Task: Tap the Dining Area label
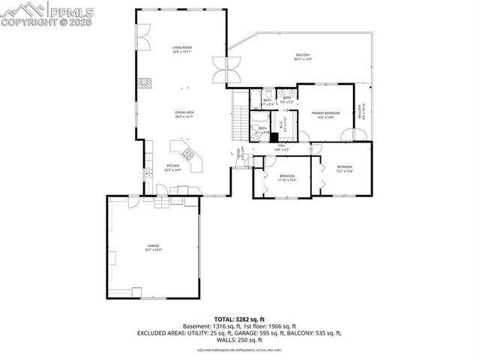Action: click(184, 114)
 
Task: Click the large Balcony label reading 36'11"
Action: click(302, 57)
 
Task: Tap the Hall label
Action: click(282, 147)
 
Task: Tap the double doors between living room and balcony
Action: click(220, 70)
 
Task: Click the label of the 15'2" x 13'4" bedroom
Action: click(344, 168)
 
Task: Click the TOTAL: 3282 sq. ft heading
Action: click(239, 319)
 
